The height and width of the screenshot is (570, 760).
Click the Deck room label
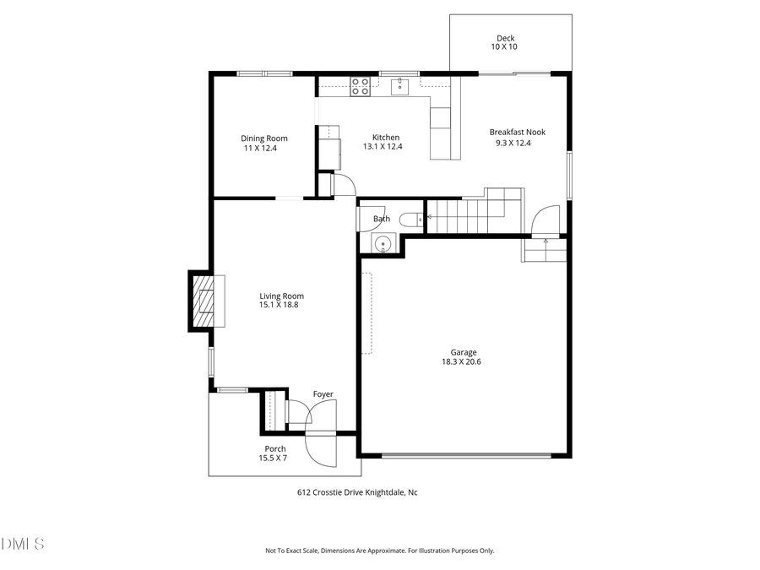point(505,38)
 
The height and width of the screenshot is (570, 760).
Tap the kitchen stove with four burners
point(360,86)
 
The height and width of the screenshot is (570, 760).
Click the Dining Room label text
point(263,138)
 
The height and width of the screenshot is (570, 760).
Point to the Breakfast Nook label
point(517,132)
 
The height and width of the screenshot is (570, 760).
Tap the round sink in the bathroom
point(383,244)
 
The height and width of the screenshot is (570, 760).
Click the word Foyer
point(323,394)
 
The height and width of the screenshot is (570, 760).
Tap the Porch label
point(274,448)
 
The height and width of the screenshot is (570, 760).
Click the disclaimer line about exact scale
point(379,551)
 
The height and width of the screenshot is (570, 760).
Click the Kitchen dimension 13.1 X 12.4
point(383,147)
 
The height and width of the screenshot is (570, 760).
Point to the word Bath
point(382,219)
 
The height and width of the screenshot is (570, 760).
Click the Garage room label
point(463,352)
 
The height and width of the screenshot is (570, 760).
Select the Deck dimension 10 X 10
point(504,46)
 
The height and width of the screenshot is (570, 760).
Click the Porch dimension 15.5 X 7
point(273,458)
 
